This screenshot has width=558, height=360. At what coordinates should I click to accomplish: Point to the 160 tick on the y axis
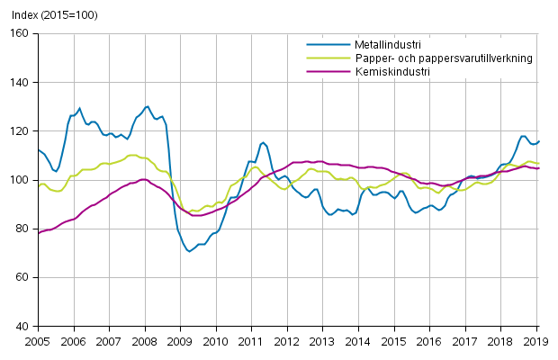(20, 33)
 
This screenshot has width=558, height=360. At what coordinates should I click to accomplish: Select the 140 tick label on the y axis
(20, 82)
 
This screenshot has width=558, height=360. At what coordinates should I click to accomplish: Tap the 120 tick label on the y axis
(20, 130)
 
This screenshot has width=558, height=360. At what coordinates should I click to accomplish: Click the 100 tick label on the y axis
(20, 179)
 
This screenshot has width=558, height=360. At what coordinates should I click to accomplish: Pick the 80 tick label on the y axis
(22, 229)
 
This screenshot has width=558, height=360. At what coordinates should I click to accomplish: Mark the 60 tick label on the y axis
(22, 277)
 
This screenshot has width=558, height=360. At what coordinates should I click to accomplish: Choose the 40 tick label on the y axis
(22, 326)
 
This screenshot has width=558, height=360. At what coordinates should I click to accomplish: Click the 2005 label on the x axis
(37, 341)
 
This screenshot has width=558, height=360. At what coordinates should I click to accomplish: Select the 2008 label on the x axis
(144, 341)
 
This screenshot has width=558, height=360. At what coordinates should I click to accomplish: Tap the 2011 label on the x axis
(251, 341)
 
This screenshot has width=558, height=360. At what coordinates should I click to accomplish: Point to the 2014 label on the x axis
(358, 341)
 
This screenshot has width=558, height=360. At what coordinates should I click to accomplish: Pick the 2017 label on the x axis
(465, 341)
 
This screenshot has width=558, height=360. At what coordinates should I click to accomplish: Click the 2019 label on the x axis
(536, 341)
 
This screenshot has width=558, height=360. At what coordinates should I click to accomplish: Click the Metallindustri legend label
(375, 44)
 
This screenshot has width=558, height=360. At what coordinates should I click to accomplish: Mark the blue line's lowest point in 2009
(190, 251)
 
